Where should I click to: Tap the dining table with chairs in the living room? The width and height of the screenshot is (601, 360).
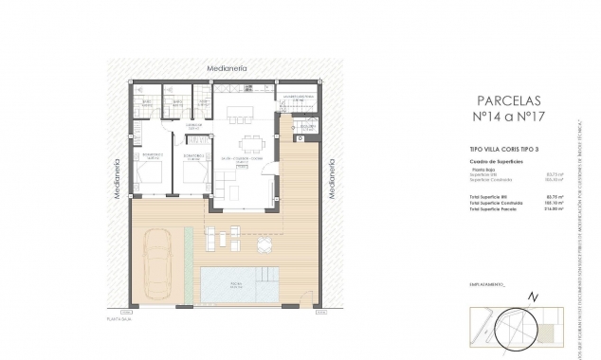pyautogui.click(x=250, y=144)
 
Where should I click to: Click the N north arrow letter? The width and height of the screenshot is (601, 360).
pyautogui.click(x=533, y=297)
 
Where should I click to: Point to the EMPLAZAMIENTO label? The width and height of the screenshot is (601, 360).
pyautogui.click(x=487, y=281)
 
